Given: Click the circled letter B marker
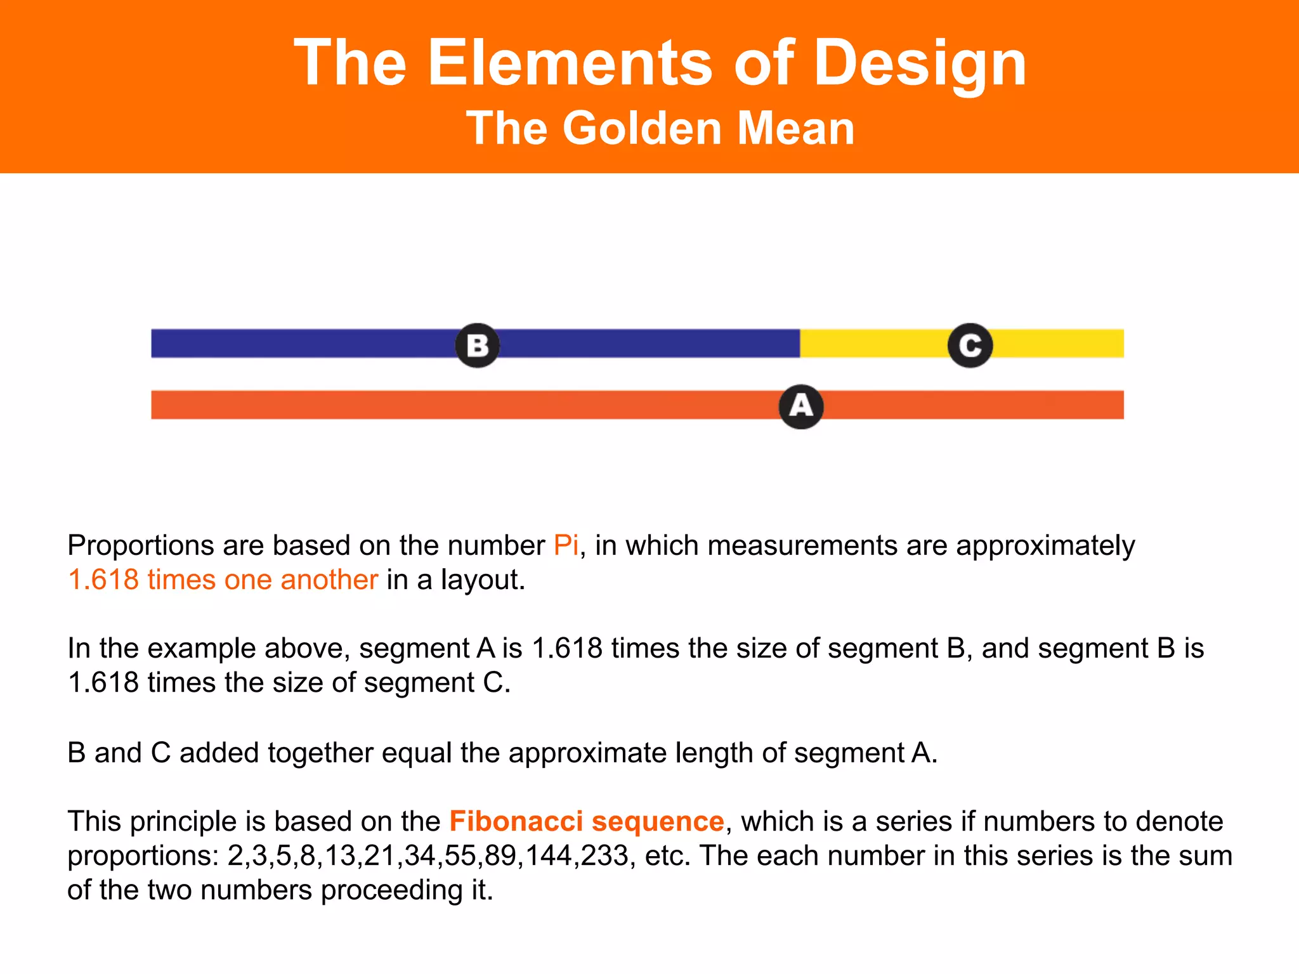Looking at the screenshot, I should coord(478,346).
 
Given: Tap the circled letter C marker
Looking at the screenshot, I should coord(970,346).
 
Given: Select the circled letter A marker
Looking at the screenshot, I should coord(801,406).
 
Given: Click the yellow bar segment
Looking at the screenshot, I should coord(875,343).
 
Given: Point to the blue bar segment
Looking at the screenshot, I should coord(304,343).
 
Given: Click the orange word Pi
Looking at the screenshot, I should coord(566,545).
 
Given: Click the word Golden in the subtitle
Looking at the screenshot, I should coord(643,128).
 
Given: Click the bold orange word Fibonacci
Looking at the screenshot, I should coord(516,821).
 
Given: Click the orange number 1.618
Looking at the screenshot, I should coord(103,580).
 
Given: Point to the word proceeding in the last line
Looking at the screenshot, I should coord(391,890).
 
